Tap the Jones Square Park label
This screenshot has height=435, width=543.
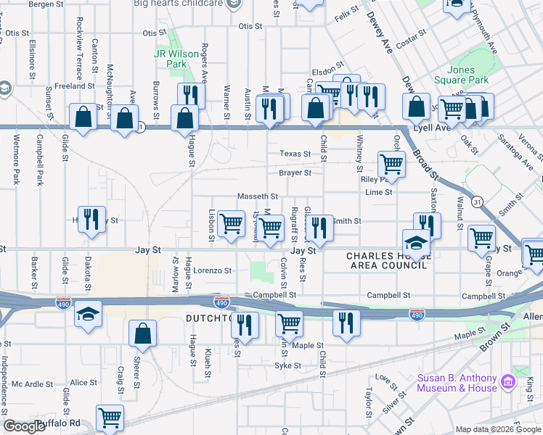tap(461, 75)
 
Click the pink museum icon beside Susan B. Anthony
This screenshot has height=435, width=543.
tap(508, 381)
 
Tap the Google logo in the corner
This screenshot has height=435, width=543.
tap(24, 426)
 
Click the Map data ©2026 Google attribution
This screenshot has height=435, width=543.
tap(497, 429)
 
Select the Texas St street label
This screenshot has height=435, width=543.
tap(295, 154)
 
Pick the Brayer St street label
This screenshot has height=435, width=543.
tap(295, 173)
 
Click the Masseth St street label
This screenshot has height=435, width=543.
tap(258, 196)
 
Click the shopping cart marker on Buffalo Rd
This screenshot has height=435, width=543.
tap(110, 417)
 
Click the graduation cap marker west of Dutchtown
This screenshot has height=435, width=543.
tap(88, 314)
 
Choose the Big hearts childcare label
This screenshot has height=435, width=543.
tap(178, 4)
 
